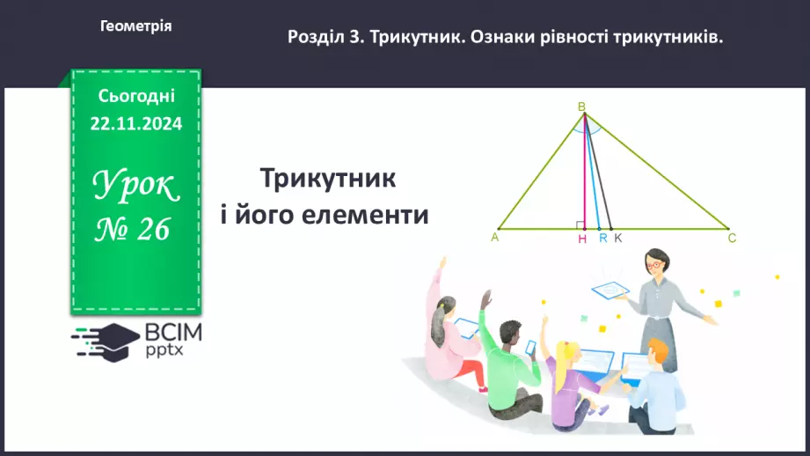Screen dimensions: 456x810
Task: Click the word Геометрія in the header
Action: (x=136, y=26)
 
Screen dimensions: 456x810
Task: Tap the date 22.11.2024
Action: (x=136, y=124)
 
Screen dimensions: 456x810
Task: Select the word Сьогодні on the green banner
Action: (x=136, y=95)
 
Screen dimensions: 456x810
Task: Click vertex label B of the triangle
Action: (x=581, y=107)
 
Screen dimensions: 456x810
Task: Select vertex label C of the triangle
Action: (x=732, y=238)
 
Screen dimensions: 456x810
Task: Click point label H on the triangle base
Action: (x=582, y=239)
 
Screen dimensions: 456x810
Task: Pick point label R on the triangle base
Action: (x=602, y=238)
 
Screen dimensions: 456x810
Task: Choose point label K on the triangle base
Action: (x=617, y=238)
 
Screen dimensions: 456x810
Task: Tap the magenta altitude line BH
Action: (x=585, y=176)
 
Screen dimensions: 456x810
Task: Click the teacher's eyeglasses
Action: (x=656, y=262)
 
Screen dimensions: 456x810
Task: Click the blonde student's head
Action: (x=568, y=354)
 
